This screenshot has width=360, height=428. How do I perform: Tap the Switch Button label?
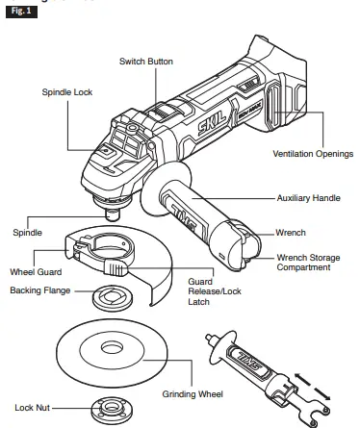click(x=145, y=61)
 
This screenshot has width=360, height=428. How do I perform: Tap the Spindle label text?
click(x=27, y=232)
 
